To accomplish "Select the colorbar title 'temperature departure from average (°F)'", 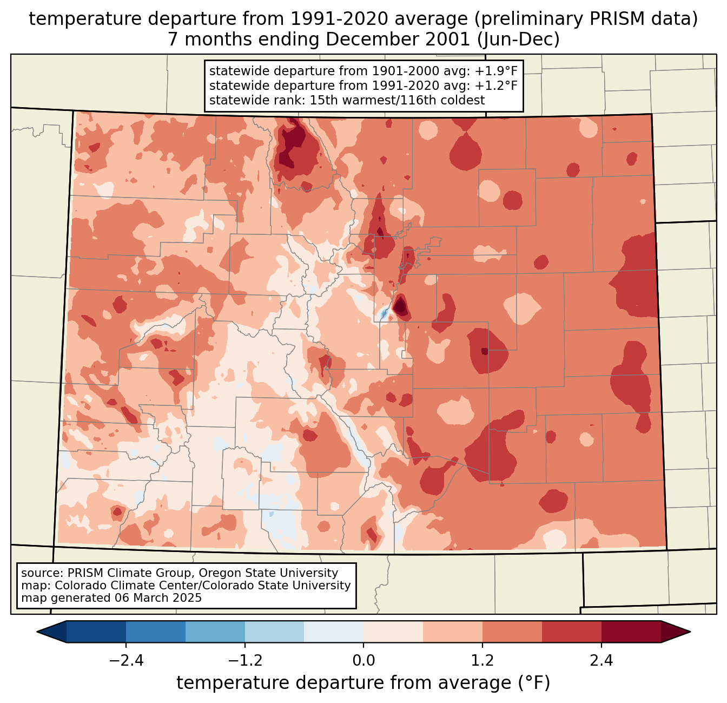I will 363,684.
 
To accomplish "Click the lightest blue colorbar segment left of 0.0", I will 334,632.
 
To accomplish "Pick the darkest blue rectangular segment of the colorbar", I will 96,632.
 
